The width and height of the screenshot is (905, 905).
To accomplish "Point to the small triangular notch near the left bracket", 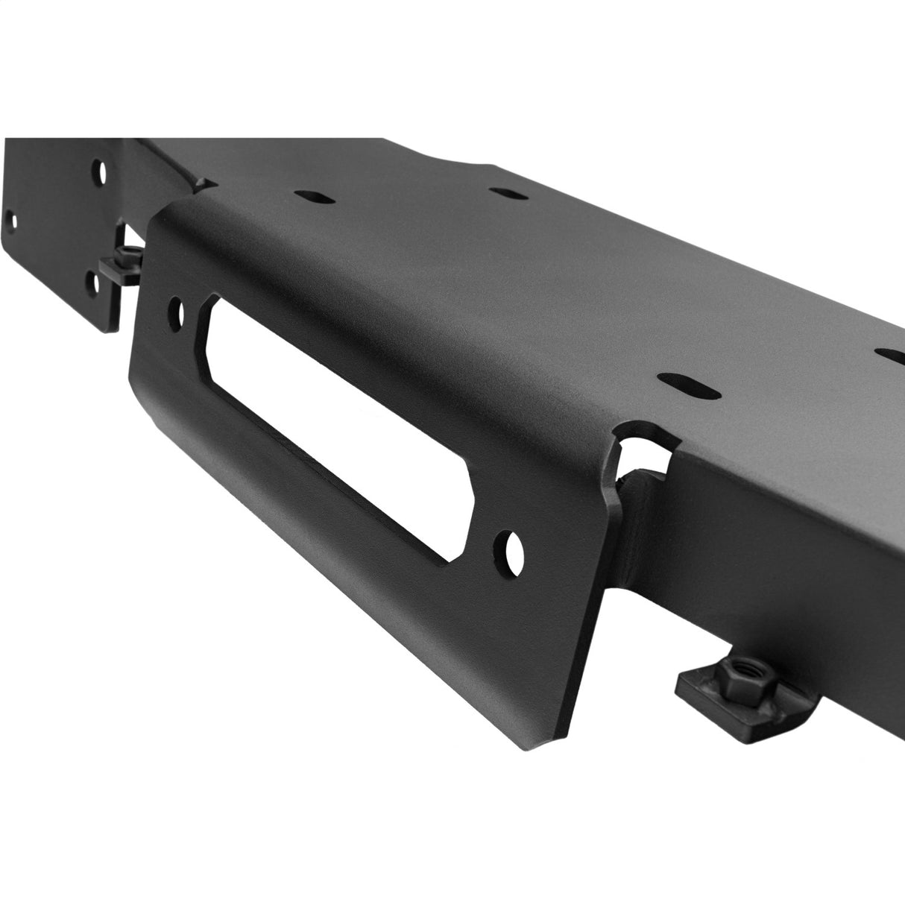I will [x=202, y=182].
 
